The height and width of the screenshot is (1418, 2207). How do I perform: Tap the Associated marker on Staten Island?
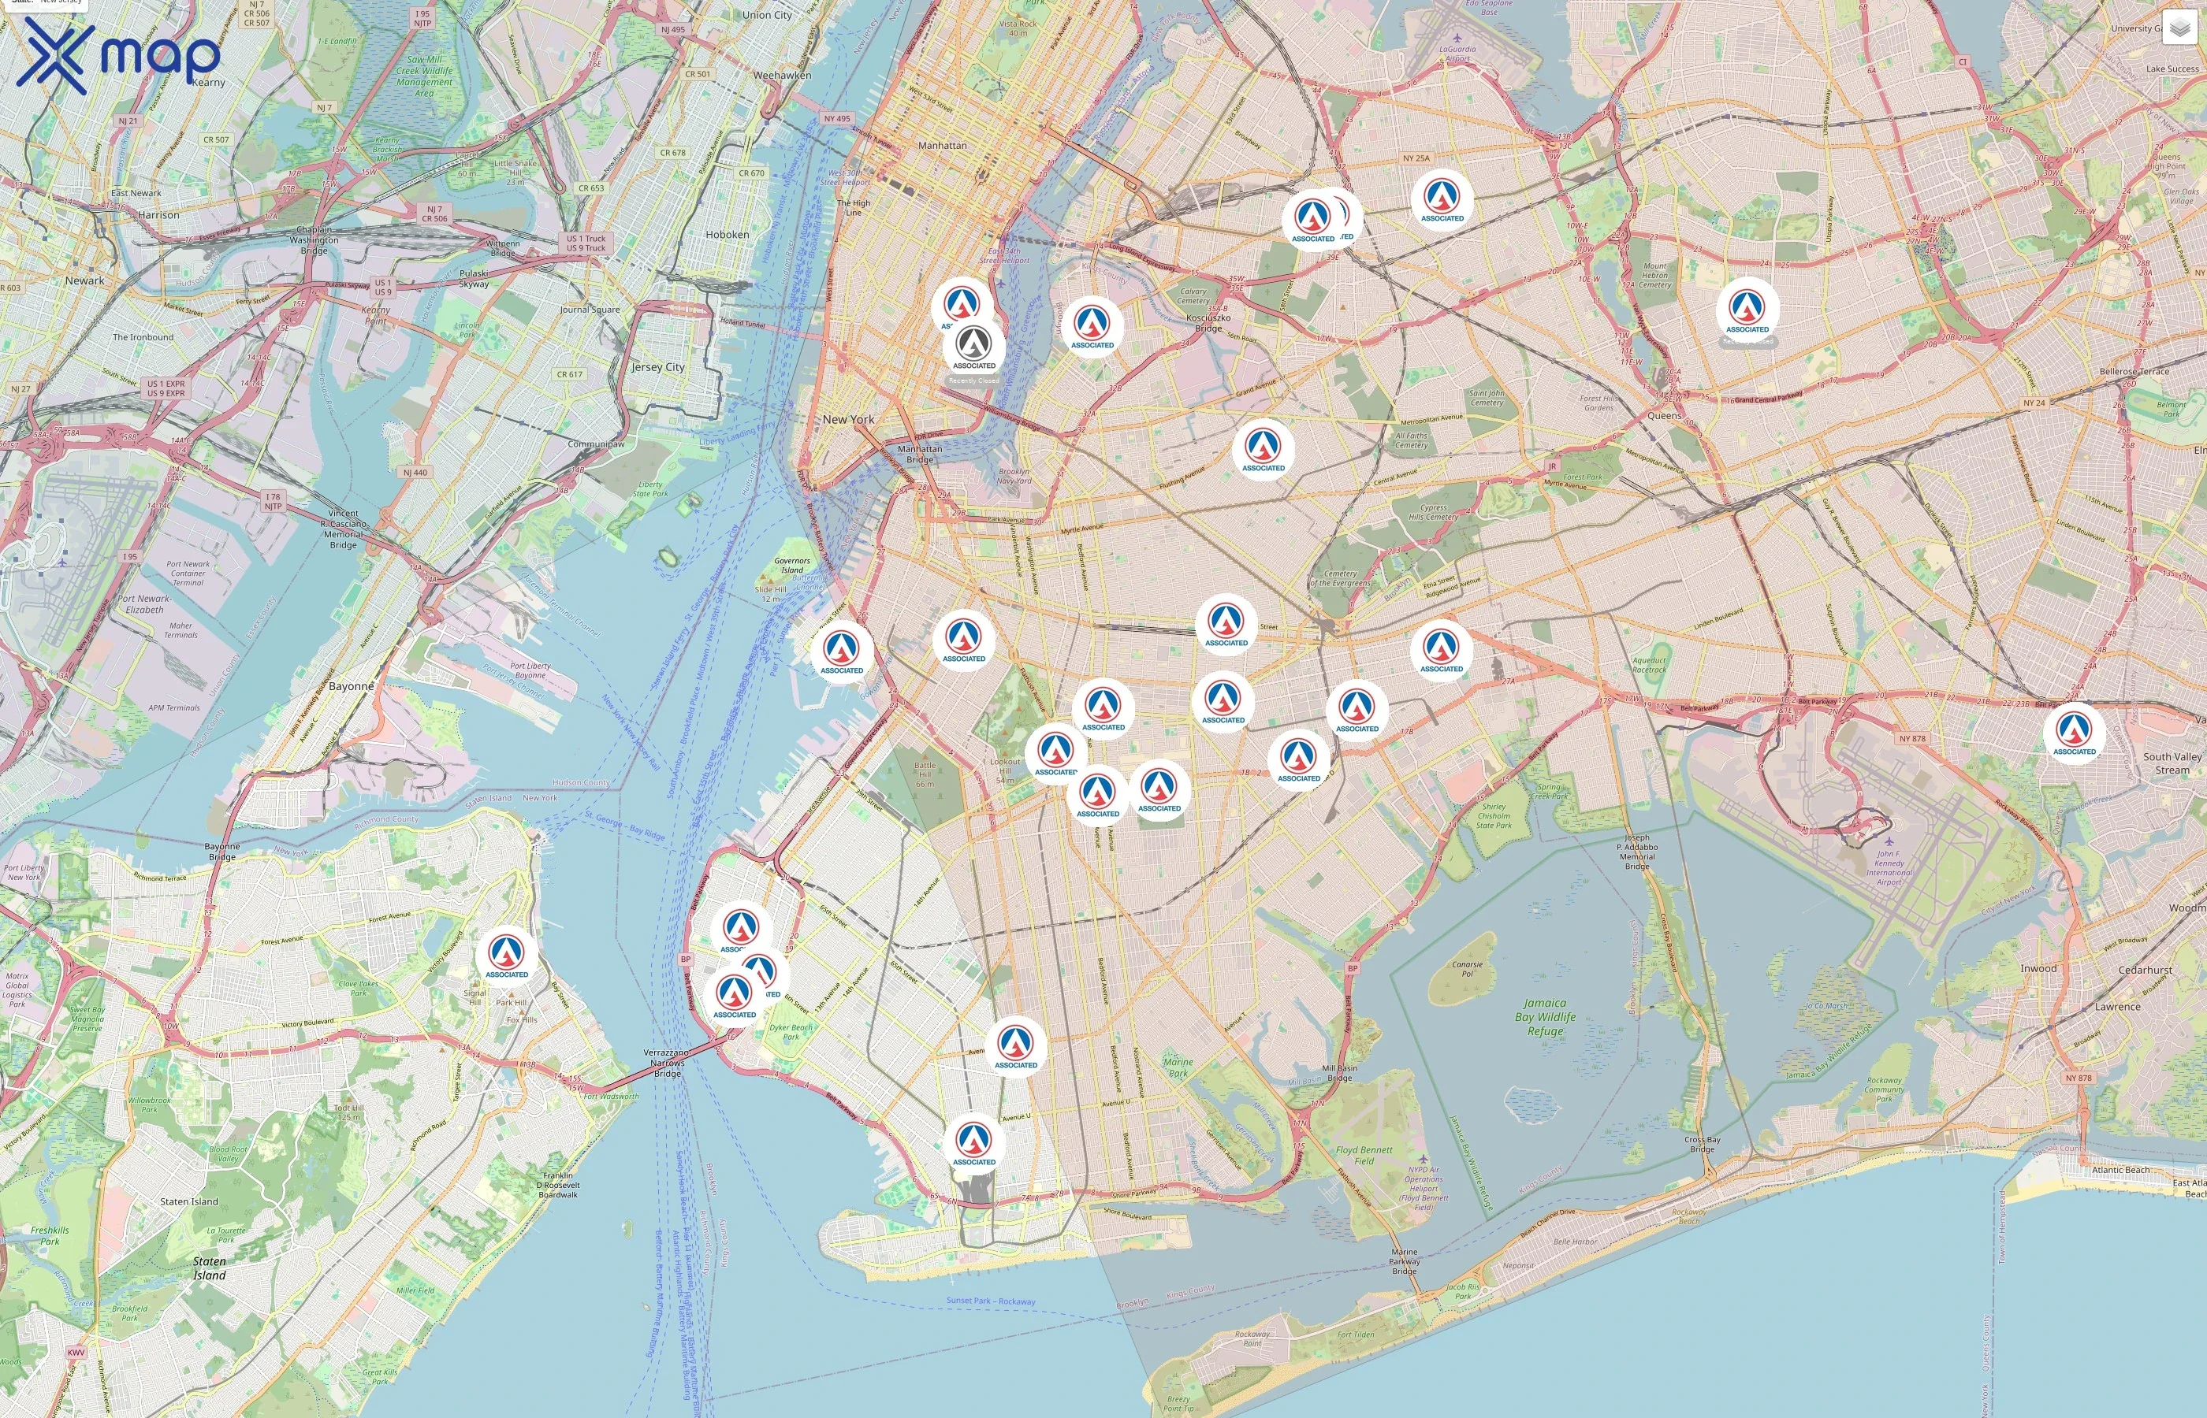(507, 956)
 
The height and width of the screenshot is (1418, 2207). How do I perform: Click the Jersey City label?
(657, 366)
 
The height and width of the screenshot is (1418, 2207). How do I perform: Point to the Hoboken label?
(727, 235)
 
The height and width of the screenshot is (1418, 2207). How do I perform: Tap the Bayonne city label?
(351, 686)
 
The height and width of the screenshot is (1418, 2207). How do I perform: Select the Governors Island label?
(792, 564)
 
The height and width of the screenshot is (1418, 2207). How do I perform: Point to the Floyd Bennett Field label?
(1364, 1155)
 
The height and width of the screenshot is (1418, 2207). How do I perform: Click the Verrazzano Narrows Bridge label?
(667, 1063)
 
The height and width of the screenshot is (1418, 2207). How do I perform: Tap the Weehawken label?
(782, 76)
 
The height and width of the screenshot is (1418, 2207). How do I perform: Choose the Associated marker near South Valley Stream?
(2074, 733)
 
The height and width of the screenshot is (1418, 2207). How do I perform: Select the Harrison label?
(158, 214)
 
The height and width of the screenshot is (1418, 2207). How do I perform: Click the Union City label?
(766, 16)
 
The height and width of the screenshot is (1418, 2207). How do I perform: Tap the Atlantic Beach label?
(2120, 1169)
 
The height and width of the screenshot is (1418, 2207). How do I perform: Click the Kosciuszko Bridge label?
(1208, 323)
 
